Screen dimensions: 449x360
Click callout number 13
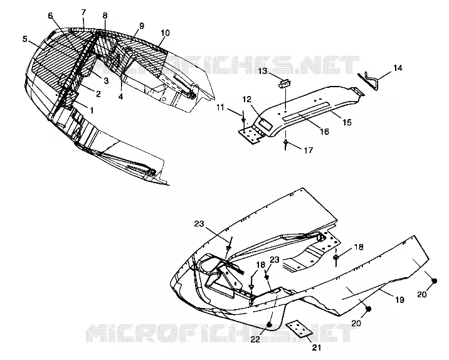coord(263,71)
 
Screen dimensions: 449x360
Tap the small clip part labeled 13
coord(284,84)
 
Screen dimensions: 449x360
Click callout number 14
coord(398,68)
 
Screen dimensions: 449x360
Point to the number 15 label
coord(347,122)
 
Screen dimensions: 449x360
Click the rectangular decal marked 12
coord(265,125)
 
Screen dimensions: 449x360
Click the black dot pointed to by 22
coord(270,324)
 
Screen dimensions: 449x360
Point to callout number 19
coord(399,300)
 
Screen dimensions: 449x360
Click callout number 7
coord(83,13)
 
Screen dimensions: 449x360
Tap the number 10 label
coord(165,33)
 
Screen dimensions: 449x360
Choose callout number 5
coord(25,39)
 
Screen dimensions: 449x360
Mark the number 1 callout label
coord(92,110)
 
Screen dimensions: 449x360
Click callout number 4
coord(120,97)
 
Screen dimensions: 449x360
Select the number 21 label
coord(316,347)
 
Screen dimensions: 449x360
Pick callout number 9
coord(142,26)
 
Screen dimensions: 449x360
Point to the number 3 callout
coord(106,81)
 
